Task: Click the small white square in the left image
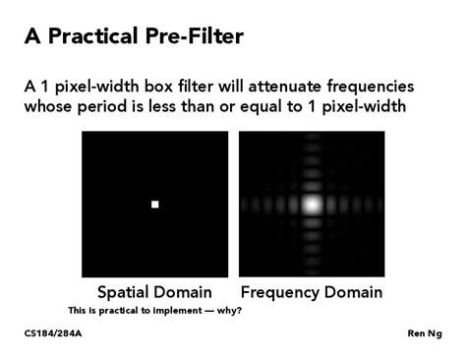(x=154, y=204)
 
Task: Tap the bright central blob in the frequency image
(x=312, y=205)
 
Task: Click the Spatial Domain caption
(x=153, y=292)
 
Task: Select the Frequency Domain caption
(x=312, y=292)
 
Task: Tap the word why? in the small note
(x=229, y=311)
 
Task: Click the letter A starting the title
(x=32, y=36)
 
